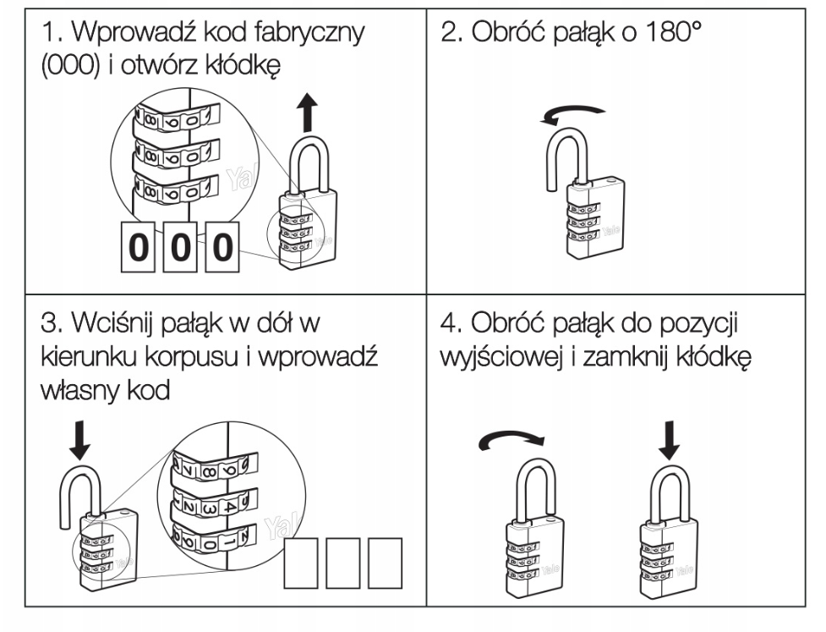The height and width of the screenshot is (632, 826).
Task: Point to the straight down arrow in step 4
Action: coord(669,438)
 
